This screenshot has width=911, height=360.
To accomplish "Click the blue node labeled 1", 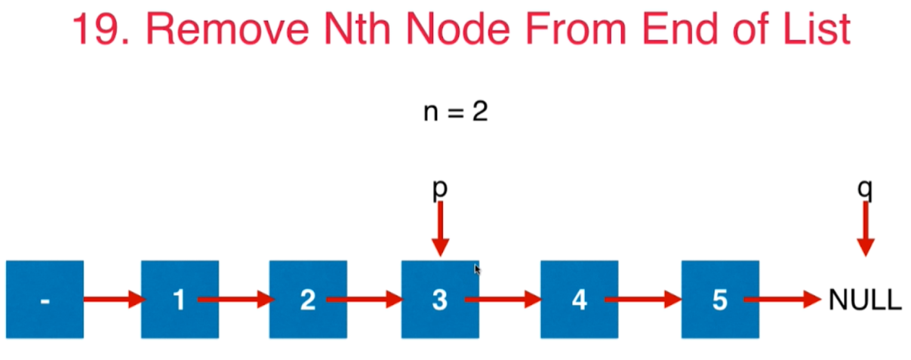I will coord(180,299).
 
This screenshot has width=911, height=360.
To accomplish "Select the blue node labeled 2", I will coord(308,299).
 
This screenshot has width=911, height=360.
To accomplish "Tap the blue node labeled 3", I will coord(439,299).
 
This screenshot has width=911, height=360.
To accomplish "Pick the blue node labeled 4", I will coord(579,299).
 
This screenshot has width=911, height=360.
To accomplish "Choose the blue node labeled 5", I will coord(719,299).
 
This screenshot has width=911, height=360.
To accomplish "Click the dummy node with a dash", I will coord(45,299).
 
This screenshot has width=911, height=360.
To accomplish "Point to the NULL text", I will coord(865,300).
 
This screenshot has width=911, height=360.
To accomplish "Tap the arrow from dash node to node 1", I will coord(112,300).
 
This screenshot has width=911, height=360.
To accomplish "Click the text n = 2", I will coord(455,112).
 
